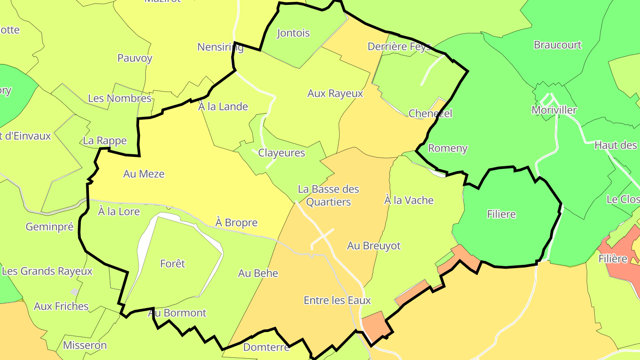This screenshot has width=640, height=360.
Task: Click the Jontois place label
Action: [293, 33]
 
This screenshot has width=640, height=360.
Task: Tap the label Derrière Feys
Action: [399, 46]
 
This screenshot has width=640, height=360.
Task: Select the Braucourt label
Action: [557, 45]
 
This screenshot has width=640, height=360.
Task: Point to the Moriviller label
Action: [554, 110]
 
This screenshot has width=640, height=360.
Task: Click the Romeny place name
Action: [447, 148]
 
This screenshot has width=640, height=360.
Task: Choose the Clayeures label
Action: [281, 153]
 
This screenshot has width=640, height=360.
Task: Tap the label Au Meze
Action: [144, 174]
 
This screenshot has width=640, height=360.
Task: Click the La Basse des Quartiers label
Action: [328, 196]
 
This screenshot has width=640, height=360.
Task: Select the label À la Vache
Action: [408, 200]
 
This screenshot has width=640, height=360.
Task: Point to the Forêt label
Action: [172, 264]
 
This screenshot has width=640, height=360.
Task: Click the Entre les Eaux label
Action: [337, 300]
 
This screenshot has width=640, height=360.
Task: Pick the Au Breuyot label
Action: [374, 245]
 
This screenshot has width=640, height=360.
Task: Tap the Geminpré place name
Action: [49, 227]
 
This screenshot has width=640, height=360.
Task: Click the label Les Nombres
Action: [120, 98]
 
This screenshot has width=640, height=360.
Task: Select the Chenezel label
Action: [430, 113]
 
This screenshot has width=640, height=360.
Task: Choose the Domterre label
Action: [266, 347]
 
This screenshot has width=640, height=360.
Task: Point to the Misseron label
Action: [84, 345]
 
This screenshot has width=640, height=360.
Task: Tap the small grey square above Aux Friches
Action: [74, 292]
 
